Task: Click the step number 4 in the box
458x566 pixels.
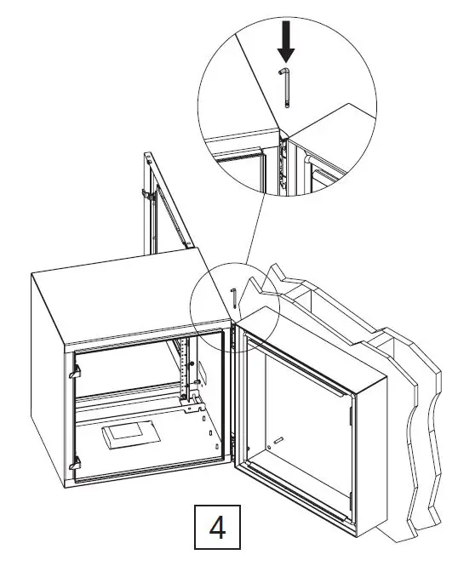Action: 218,529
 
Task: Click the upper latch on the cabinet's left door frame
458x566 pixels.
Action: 75,372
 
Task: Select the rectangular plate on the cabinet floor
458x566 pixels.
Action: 129,436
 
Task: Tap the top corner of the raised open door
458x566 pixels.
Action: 147,157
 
